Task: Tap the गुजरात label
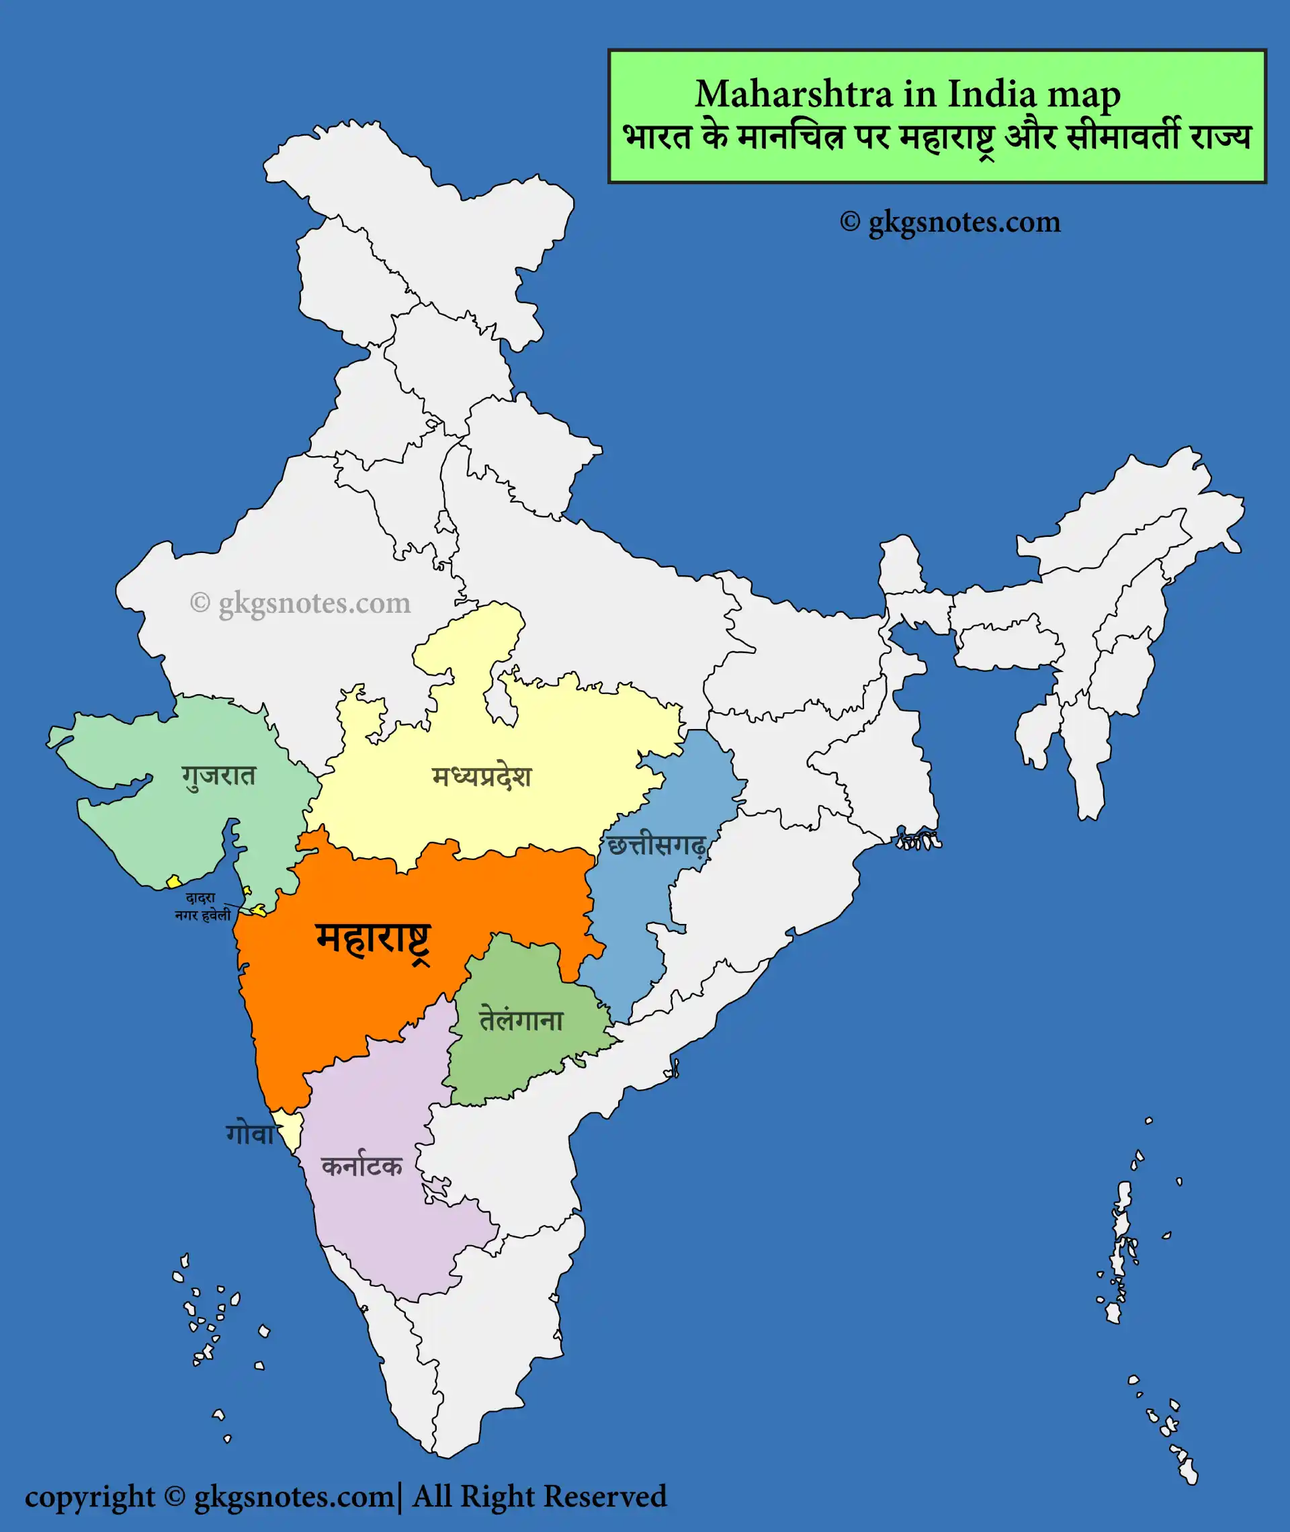coord(218,776)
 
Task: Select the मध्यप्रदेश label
coord(481,777)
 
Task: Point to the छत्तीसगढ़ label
coord(656,846)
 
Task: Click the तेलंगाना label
coord(521,1020)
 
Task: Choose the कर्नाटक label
coord(361,1166)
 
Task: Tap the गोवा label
coord(249,1134)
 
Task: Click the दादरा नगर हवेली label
coord(202,906)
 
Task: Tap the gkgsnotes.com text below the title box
coord(964,222)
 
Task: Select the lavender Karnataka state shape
coord(380,1228)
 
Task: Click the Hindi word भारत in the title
coord(656,138)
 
